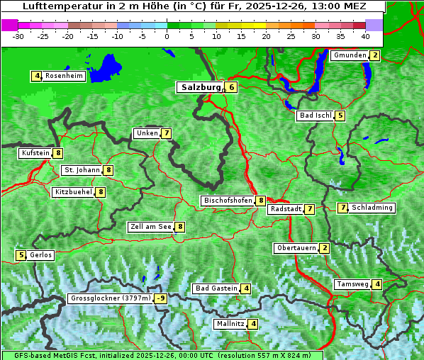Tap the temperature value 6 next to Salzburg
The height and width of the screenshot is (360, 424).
point(231,87)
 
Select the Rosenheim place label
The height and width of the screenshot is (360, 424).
point(64,76)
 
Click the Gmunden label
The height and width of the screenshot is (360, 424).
point(350,55)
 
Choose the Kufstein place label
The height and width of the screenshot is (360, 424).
point(35,153)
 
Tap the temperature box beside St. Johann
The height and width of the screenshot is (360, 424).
point(108,170)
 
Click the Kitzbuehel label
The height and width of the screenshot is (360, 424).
point(73,192)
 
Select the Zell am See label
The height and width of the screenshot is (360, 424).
point(151,227)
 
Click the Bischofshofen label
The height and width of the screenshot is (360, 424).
point(228,201)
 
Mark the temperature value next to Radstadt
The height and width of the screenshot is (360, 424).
point(309,209)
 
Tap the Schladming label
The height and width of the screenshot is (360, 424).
point(372,208)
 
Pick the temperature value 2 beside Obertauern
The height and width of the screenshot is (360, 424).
point(324,248)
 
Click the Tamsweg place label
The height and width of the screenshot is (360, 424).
point(352,284)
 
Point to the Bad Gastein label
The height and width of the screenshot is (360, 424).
point(216,288)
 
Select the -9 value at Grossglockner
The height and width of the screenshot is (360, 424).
point(161,298)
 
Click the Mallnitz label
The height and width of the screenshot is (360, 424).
point(230,324)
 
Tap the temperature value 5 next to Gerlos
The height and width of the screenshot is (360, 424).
point(21,255)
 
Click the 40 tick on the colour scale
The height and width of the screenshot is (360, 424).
point(365,35)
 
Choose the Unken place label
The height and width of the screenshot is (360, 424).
point(147,133)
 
